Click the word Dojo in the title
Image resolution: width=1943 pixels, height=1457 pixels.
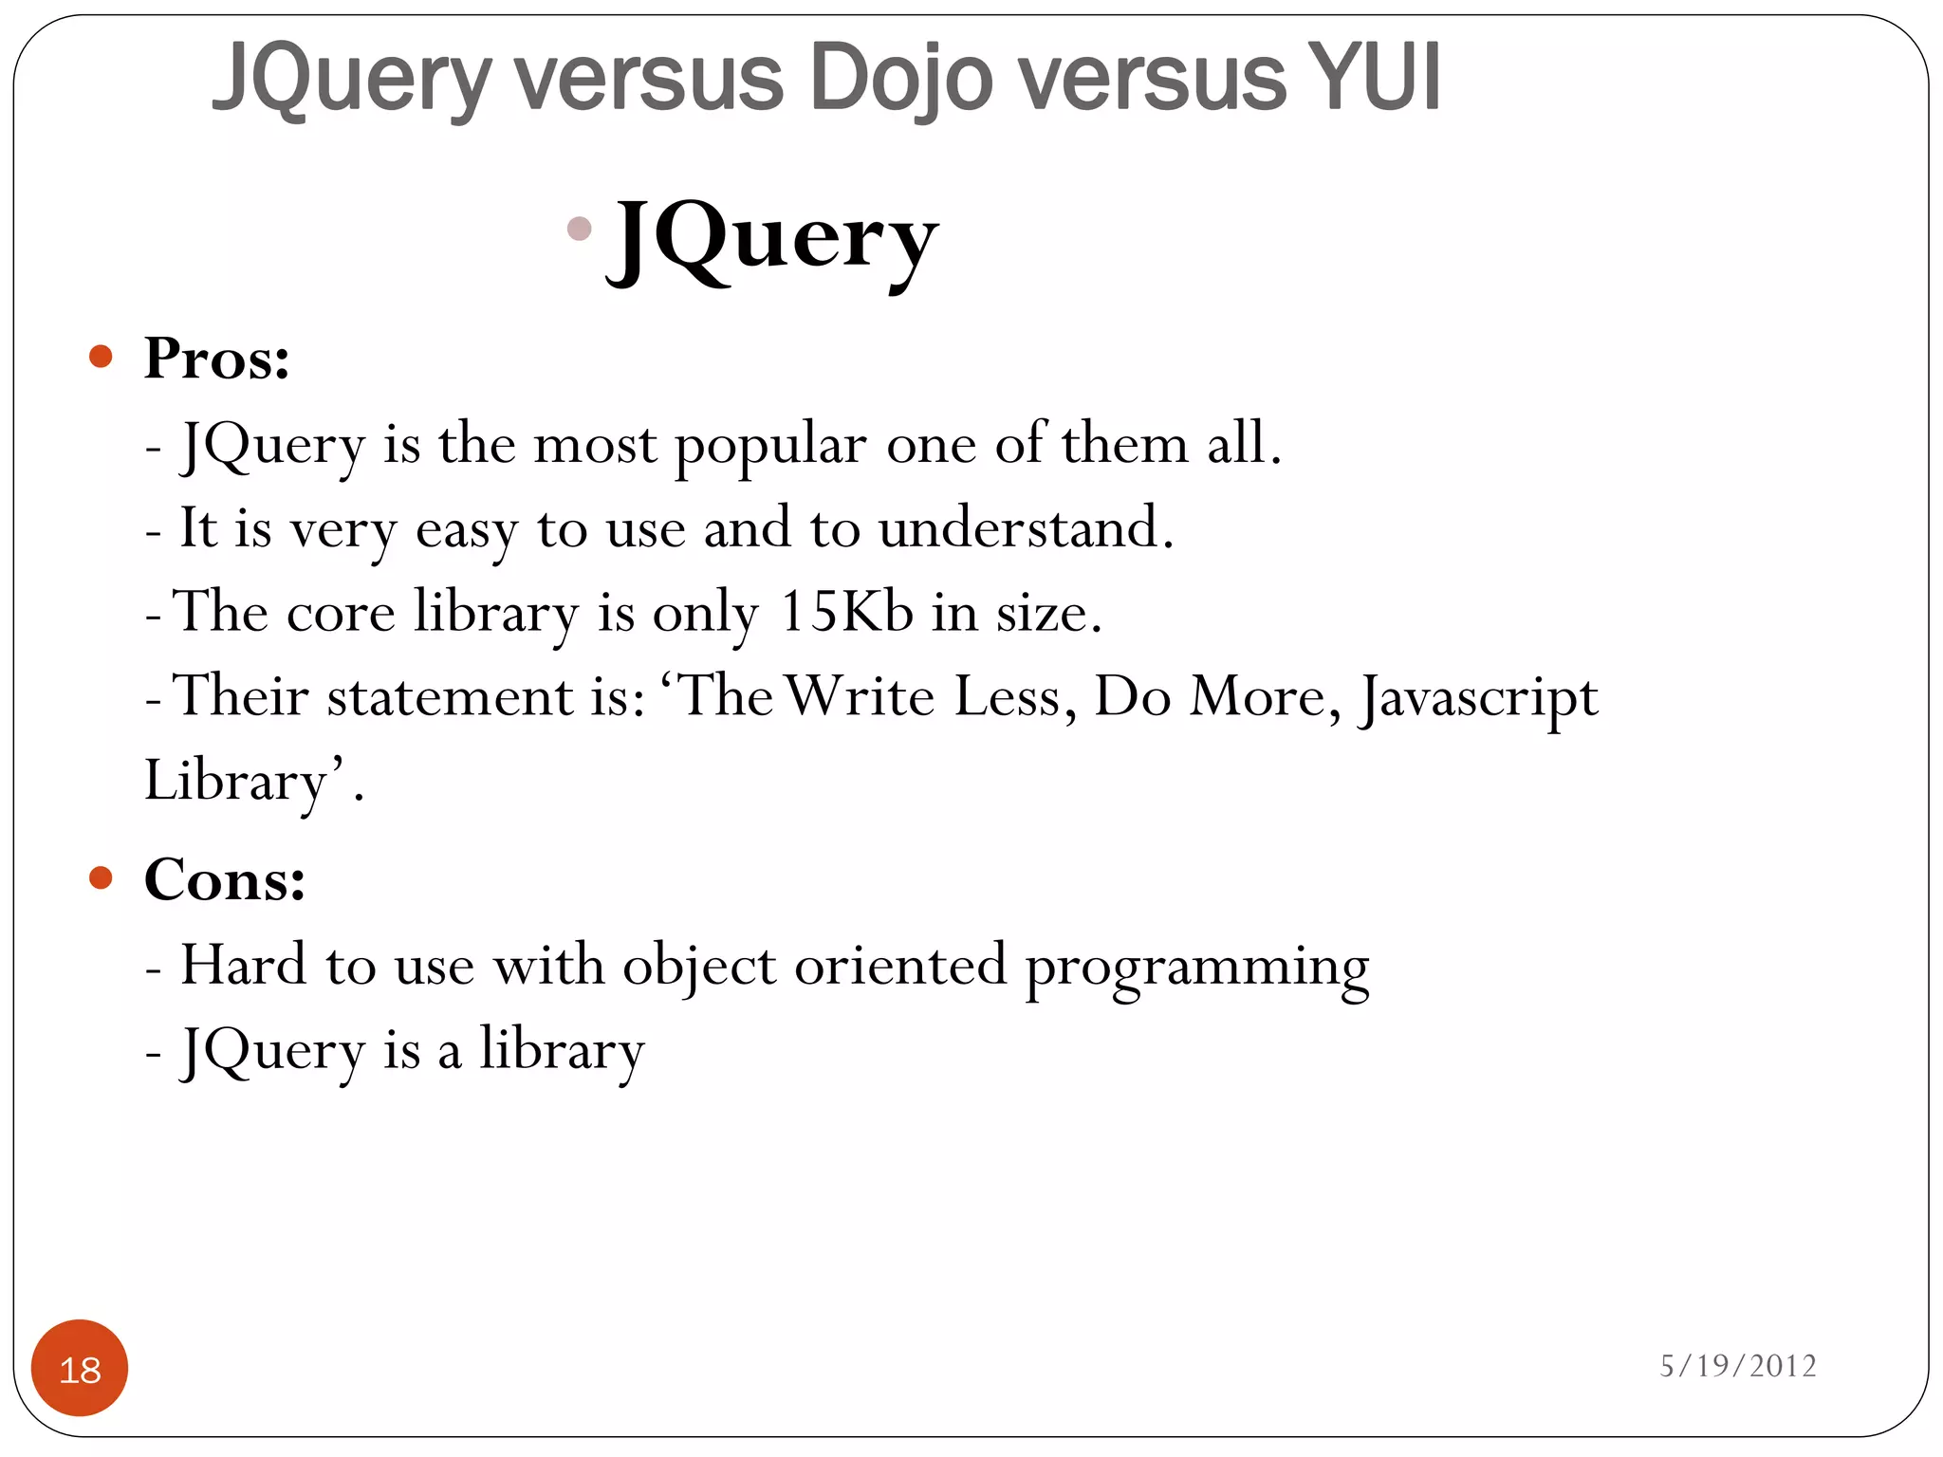900,78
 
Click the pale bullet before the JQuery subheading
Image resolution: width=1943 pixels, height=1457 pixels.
579,229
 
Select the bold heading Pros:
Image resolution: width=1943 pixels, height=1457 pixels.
216,360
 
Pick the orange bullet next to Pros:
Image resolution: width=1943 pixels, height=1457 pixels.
101,357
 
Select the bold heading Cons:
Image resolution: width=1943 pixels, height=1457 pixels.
224,879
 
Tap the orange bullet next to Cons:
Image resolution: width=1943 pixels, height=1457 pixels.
101,877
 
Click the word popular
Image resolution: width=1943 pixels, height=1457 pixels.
769,446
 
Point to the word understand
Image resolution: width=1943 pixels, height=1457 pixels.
1025,528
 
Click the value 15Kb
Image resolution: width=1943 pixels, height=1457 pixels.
845,612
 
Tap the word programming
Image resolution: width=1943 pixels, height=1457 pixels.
1197,968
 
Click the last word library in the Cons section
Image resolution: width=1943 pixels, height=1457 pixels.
562,1051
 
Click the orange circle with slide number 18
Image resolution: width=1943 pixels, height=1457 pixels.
80,1368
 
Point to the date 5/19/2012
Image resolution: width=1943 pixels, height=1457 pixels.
1737,1366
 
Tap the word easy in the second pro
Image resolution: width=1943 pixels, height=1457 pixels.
466,530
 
